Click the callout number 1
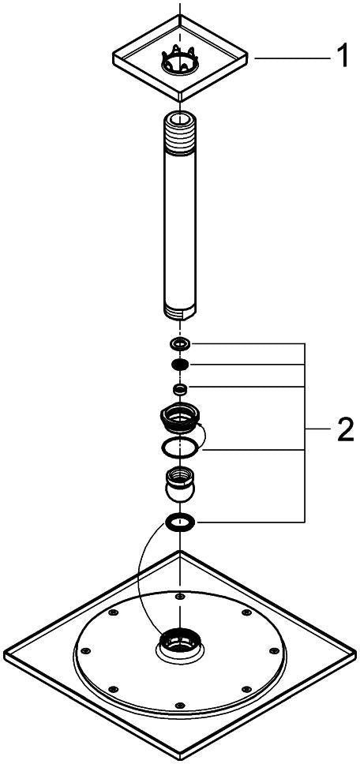(x=343, y=57)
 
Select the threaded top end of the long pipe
(x=180, y=129)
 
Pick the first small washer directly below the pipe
(x=180, y=344)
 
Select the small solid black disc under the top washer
(x=180, y=365)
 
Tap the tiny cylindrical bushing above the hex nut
(x=180, y=388)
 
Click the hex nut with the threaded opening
(x=180, y=418)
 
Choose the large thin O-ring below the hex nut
(x=180, y=448)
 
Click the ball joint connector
(x=180, y=484)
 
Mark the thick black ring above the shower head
(x=180, y=522)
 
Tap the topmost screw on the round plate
(x=181, y=596)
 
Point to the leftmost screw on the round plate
(x=87, y=651)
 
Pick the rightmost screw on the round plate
(x=273, y=650)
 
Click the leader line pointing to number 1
(x=291, y=58)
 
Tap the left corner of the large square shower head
(x=4, y=652)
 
